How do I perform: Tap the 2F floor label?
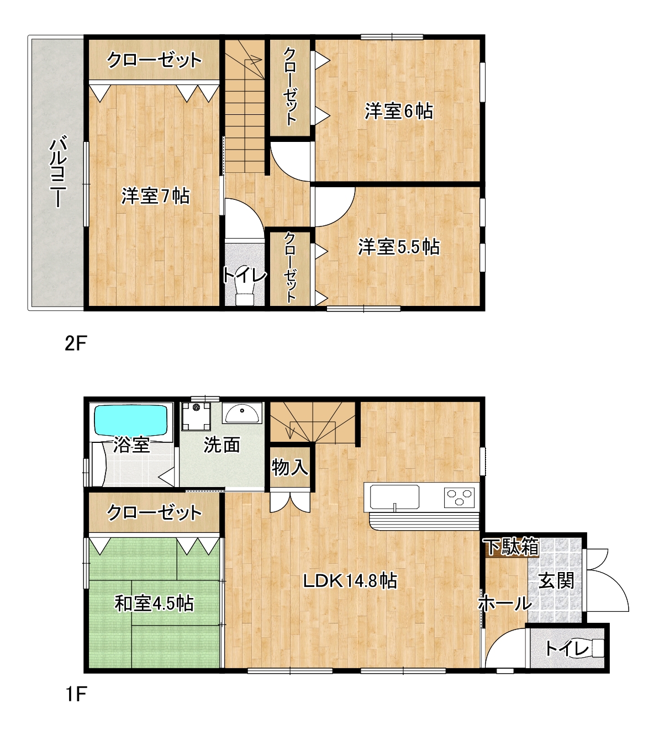coord(76,343)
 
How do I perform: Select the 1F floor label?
coord(76,694)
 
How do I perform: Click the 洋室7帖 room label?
coord(155,196)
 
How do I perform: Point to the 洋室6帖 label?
coord(399,111)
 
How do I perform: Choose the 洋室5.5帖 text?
coord(399,247)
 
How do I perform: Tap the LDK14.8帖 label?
coord(350,581)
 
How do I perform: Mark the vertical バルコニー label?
coord(58,171)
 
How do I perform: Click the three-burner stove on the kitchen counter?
coord(459,496)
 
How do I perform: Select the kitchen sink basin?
coord(394,497)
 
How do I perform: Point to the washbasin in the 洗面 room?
coord(242,413)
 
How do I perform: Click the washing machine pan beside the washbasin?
coord(196,416)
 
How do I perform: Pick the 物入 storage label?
coord(290,467)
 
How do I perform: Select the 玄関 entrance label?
coord(556,581)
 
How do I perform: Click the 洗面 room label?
coord(222,445)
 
